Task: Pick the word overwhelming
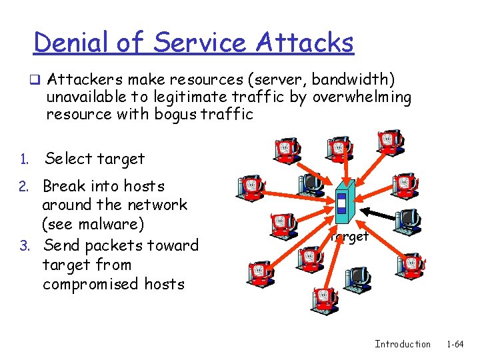pyautogui.click(x=362, y=97)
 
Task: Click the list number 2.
pyautogui.click(x=23, y=187)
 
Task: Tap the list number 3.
pyautogui.click(x=23, y=246)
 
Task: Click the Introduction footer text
pyautogui.click(x=403, y=344)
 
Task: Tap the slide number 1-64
pyautogui.click(x=455, y=344)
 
